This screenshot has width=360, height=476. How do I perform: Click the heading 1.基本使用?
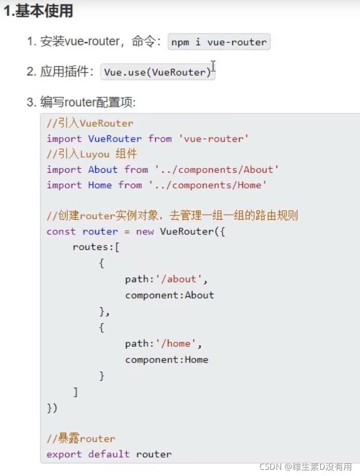pos(38,11)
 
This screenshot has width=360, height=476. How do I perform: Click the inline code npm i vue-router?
pos(219,43)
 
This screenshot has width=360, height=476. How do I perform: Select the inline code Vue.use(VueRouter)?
pos(157,72)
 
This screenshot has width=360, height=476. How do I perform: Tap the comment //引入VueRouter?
pos(90,123)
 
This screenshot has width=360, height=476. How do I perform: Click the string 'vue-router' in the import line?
pos(213,139)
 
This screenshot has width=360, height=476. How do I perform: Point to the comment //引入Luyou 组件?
pos(92,154)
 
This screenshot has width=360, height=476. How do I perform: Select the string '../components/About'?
pos(217,169)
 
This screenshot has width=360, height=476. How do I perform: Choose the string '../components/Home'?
pos(208,185)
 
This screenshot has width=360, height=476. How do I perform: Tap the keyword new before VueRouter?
pos(144,231)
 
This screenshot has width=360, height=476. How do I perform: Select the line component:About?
pos(169,295)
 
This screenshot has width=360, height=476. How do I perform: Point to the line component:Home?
pos(166,359)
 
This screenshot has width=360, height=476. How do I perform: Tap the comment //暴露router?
pos(81,439)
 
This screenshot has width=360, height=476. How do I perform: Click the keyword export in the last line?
pos(64,454)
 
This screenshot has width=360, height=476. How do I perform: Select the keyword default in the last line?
pos(109,454)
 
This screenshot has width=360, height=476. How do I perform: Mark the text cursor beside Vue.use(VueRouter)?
pos(213,66)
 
